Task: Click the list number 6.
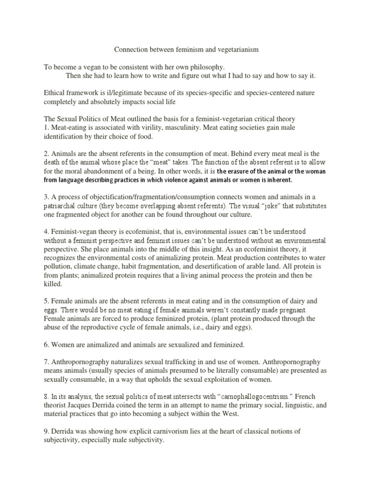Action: pyautogui.click(x=46, y=345)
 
